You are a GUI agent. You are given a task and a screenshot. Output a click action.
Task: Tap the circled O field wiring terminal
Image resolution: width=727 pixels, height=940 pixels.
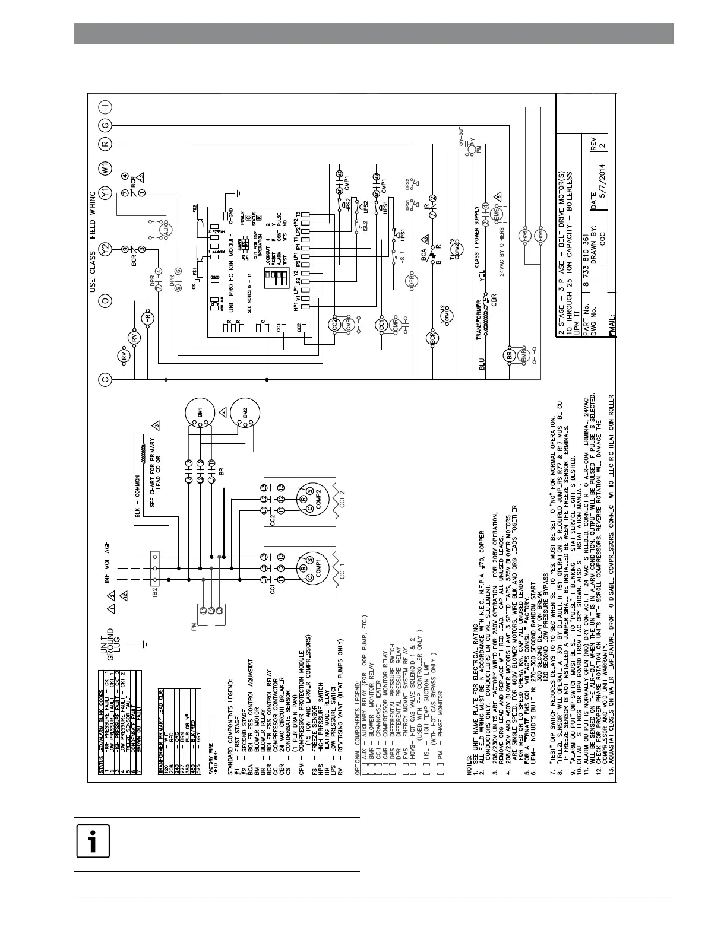105,301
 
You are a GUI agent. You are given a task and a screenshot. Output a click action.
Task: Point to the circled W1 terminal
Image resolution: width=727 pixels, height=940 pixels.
105,168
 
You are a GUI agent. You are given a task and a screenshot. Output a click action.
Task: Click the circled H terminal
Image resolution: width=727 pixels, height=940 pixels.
105,107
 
